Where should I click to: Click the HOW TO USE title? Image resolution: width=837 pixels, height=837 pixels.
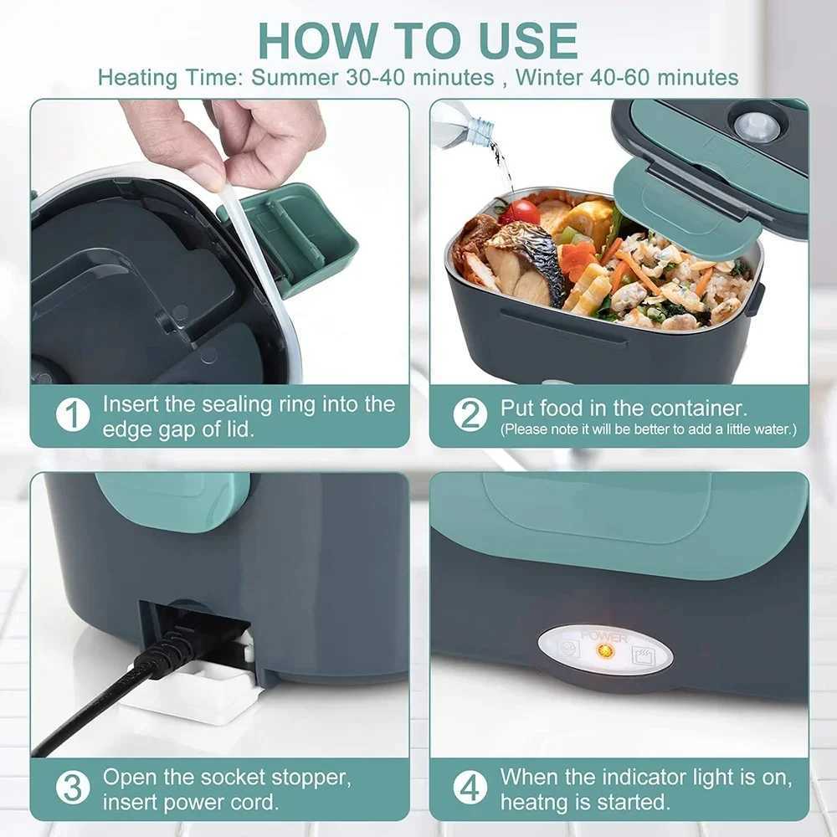(418, 39)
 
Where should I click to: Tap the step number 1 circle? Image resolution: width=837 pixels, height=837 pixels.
(73, 415)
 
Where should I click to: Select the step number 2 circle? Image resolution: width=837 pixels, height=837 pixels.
(470, 415)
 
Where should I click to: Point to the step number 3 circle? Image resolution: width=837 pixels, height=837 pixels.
(73, 788)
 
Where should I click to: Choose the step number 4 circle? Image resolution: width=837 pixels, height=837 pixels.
(470, 788)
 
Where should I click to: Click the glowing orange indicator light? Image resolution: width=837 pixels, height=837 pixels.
(604, 650)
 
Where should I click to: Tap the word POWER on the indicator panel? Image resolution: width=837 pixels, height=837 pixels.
(604, 638)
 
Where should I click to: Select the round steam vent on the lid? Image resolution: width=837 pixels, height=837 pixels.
(756, 126)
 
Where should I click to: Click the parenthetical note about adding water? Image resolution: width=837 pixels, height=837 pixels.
(648, 430)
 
